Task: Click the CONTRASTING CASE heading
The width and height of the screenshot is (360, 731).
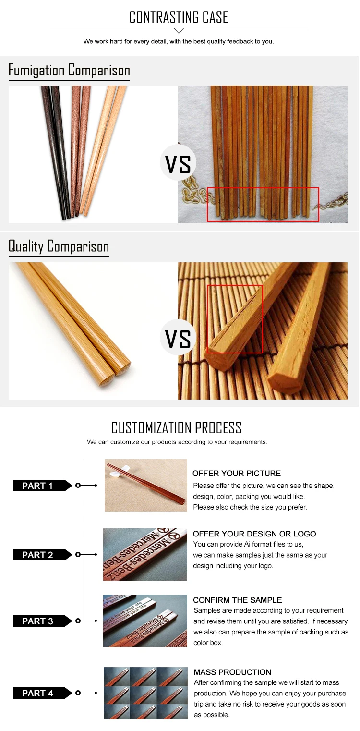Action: (179, 17)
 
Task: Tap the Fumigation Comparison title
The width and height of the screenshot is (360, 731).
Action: (69, 70)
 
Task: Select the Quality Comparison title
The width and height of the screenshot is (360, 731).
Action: (59, 246)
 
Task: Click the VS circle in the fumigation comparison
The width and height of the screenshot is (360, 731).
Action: (178, 162)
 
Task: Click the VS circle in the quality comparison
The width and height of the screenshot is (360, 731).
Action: (178, 338)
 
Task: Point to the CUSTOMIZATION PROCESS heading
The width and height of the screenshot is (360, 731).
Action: (177, 427)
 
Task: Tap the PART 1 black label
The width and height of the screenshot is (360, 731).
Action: (42, 486)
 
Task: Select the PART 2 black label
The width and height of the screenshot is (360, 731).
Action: (42, 555)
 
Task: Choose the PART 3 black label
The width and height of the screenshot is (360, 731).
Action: (42, 621)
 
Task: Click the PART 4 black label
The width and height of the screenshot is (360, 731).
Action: (42, 693)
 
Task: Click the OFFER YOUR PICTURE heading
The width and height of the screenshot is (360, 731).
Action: (237, 473)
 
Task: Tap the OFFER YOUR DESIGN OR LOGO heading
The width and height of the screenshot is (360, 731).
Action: (254, 534)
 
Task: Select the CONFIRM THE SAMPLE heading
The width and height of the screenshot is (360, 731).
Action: (238, 600)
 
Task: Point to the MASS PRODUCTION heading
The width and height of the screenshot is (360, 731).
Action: (232, 672)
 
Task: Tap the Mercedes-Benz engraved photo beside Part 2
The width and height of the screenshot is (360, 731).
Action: (145, 554)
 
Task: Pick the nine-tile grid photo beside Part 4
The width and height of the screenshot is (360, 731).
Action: (145, 693)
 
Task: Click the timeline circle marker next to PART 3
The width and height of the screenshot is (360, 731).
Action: (78, 621)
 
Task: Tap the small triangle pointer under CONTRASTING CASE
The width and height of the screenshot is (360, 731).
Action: (179, 31)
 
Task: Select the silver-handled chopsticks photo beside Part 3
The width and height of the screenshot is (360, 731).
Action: (145, 621)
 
